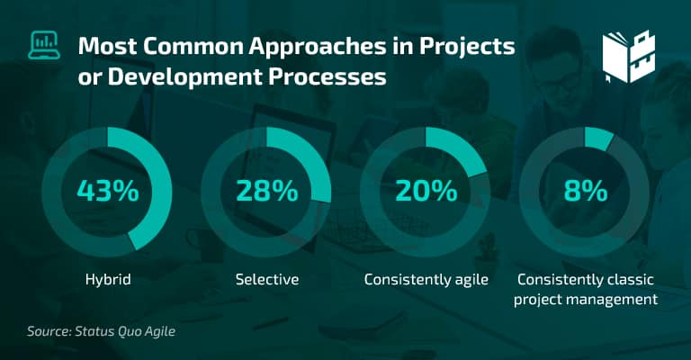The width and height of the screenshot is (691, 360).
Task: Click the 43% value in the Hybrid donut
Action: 108,191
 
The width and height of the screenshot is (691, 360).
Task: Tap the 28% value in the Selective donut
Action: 267,191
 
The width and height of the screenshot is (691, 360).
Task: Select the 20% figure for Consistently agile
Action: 426,191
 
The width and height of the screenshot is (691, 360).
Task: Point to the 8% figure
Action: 586,191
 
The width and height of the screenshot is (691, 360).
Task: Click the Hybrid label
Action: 108,280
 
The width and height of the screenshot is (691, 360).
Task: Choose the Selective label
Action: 267,279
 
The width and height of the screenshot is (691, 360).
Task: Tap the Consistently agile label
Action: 426,280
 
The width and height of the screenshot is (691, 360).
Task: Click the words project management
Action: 586,300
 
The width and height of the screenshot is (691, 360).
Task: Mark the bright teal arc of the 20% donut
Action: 464,148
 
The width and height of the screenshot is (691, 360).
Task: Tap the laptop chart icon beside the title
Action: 44,45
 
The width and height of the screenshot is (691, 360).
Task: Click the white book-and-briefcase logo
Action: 629,57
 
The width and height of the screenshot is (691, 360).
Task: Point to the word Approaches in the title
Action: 318,47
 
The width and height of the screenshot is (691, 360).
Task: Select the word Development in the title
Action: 184,77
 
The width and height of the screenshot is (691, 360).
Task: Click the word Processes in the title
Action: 328,76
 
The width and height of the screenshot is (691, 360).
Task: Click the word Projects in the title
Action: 467,47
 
